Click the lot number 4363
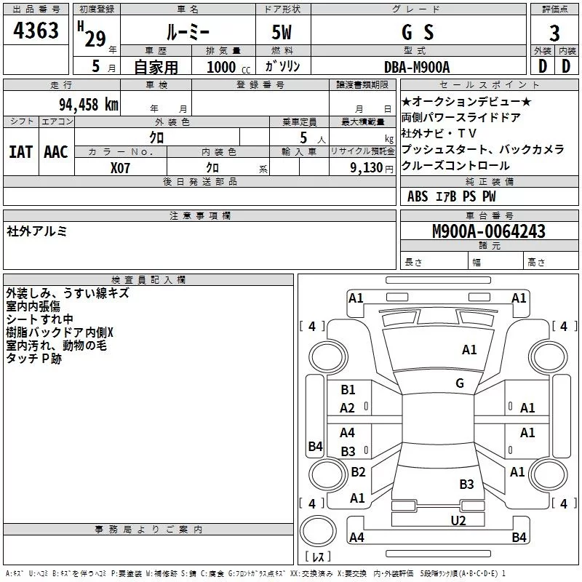[36, 31]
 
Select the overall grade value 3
[554, 33]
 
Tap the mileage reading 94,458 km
[89, 105]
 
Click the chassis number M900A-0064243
[489, 231]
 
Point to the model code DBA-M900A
[417, 67]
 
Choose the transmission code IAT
[20, 152]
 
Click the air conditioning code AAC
[56, 152]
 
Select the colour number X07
[120, 168]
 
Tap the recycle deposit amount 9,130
[367, 168]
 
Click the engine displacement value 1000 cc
[228, 67]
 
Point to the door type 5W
[282, 32]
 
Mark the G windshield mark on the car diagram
[460, 383]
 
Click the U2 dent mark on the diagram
[458, 520]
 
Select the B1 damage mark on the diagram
[348, 389]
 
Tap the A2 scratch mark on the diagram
[347, 408]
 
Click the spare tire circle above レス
[318, 531]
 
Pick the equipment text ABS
[418, 196]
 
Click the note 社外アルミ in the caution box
[36, 231]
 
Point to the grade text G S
[418, 32]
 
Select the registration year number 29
[95, 39]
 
